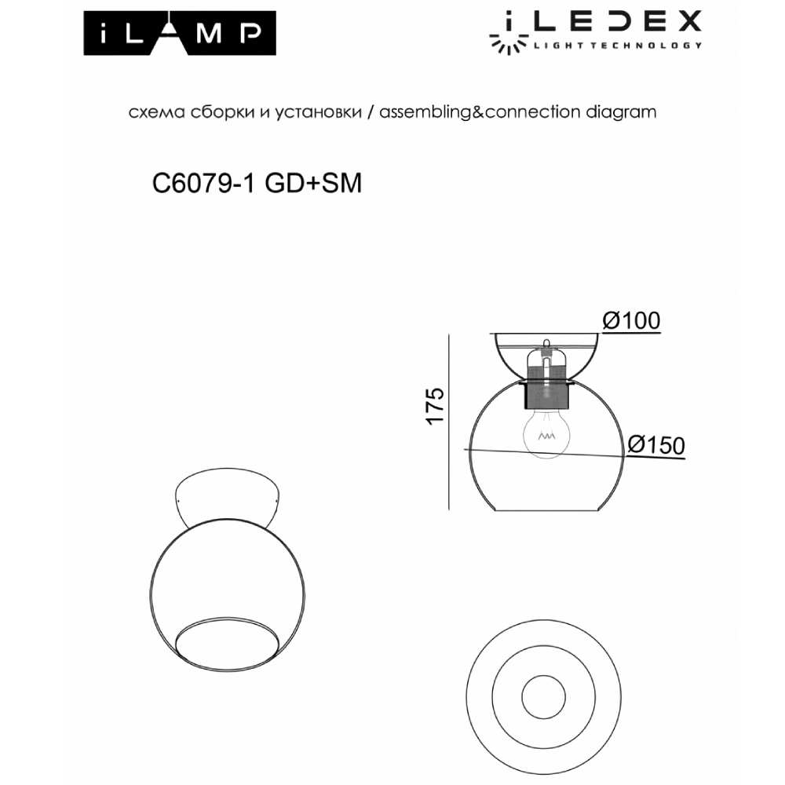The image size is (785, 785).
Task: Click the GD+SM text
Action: (x=313, y=184)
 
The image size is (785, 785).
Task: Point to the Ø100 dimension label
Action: (x=630, y=320)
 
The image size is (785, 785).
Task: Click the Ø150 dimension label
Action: (x=656, y=444)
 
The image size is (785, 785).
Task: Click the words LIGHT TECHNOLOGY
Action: (x=617, y=46)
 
